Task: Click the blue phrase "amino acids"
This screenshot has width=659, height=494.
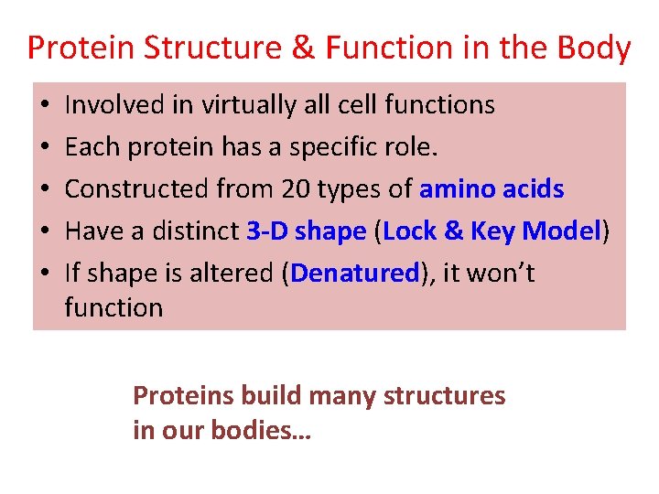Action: (492, 189)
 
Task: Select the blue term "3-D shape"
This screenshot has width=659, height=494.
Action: (307, 231)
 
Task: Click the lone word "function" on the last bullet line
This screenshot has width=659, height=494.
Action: (113, 308)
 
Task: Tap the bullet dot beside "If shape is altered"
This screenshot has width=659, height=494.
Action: (46, 274)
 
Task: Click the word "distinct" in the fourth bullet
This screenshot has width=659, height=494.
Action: (194, 231)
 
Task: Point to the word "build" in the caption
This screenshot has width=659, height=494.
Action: (273, 395)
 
